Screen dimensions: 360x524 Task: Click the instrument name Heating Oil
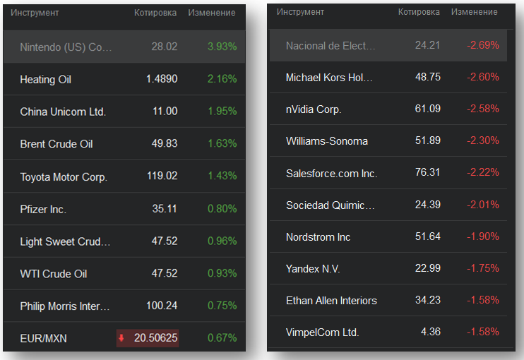[x=46, y=80]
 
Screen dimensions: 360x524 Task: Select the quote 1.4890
[x=162, y=80]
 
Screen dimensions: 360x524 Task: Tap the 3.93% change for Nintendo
[x=222, y=47]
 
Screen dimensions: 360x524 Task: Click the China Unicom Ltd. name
[x=63, y=112]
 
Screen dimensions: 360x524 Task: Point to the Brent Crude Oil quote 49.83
[x=165, y=144]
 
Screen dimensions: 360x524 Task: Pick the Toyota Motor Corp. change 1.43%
[x=222, y=176]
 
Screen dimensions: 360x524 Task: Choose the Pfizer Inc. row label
[x=43, y=209]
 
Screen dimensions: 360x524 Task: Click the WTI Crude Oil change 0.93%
[x=222, y=274]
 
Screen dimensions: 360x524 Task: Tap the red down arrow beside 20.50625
[x=121, y=339]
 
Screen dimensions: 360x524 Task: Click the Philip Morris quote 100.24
[x=162, y=306]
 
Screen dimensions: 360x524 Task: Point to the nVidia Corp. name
[x=314, y=109]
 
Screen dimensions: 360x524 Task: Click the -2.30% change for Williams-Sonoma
[x=483, y=140]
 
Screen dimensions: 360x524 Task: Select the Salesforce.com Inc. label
[x=332, y=173]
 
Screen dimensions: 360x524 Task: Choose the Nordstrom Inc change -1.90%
[x=483, y=236]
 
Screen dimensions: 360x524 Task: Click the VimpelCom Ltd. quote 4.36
[x=431, y=332]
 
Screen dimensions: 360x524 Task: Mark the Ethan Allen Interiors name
[x=331, y=300]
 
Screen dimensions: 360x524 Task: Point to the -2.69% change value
[x=483, y=45]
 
